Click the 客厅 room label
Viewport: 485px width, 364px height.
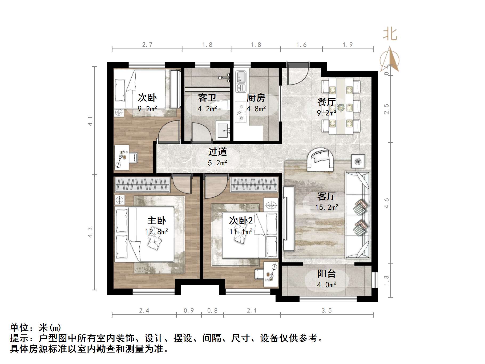point(326,197)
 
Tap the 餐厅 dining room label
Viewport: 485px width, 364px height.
point(326,102)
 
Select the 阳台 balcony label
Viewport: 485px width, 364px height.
point(326,274)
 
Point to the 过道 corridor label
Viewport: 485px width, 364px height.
point(217,152)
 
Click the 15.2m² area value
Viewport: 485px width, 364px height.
point(327,207)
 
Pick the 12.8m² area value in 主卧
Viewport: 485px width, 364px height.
point(157,231)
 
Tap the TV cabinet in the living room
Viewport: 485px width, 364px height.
point(289,218)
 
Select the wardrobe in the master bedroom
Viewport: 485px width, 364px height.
point(142,185)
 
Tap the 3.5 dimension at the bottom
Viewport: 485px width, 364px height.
point(326,311)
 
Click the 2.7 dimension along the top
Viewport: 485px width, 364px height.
point(147,45)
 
